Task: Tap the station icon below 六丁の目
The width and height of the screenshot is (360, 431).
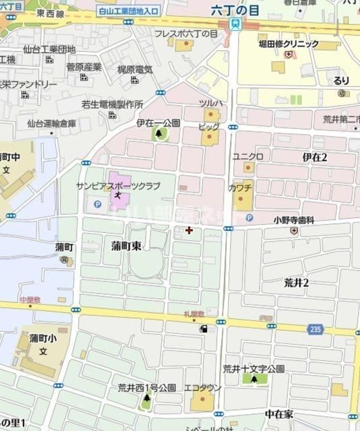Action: [x=235, y=24]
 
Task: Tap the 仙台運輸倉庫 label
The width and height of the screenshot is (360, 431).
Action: [x=48, y=123]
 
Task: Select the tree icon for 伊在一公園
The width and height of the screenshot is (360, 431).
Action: [x=160, y=135]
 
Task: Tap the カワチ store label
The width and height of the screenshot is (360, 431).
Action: [x=241, y=187]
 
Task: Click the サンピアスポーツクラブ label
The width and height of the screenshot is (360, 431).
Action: [x=118, y=185]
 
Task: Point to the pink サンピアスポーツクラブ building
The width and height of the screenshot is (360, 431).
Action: [x=118, y=200]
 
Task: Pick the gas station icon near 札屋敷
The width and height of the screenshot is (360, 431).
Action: [x=203, y=329]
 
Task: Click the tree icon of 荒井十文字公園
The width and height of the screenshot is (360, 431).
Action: [x=254, y=380]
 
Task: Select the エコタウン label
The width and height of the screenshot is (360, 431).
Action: [x=200, y=387]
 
